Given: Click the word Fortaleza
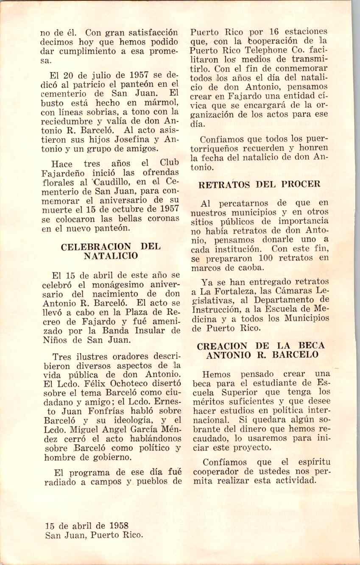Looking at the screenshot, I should pyautogui.click(x=234, y=291).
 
